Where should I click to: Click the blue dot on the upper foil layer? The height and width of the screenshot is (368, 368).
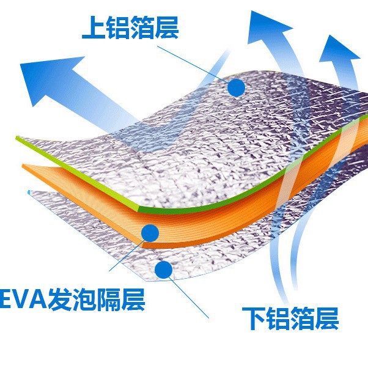point(236,88)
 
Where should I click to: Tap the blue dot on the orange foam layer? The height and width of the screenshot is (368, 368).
point(150,232)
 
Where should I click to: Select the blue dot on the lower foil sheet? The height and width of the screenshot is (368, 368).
point(163,269)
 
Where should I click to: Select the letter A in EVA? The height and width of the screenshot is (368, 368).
point(44,301)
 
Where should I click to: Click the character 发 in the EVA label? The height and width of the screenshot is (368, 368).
point(67,301)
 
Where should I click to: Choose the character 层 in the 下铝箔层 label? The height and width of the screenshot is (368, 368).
point(326,318)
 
